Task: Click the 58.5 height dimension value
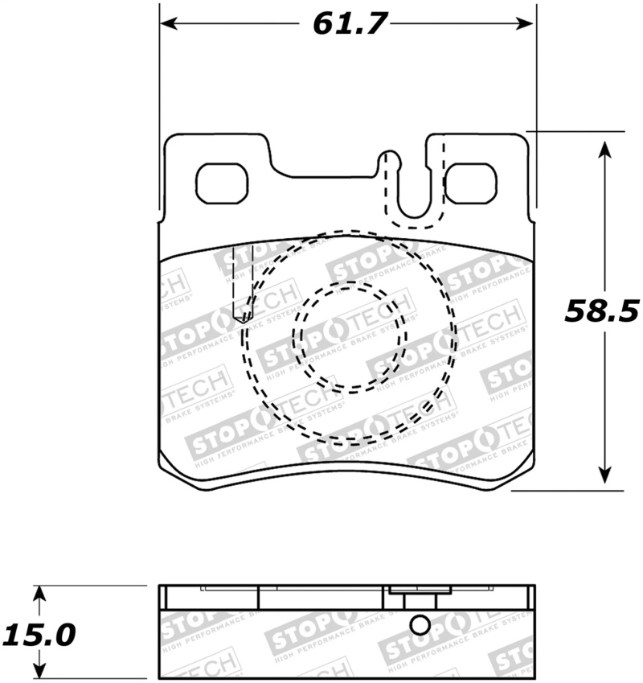(600, 311)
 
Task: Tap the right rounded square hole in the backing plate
(471, 183)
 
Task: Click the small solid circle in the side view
(420, 625)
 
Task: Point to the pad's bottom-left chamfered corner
(167, 468)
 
